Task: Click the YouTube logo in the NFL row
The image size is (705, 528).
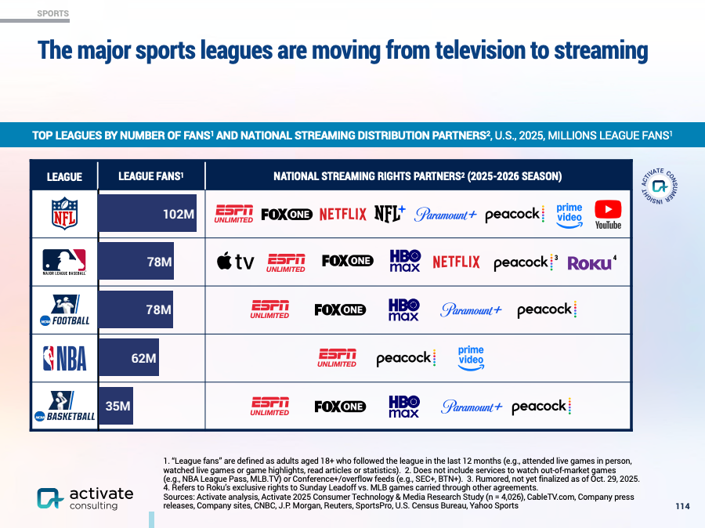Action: pyautogui.click(x=608, y=215)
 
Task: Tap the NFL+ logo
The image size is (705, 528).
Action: pyautogui.click(x=390, y=214)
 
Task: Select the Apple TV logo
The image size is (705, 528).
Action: pyautogui.click(x=235, y=262)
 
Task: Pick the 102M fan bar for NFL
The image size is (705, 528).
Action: pyautogui.click(x=147, y=213)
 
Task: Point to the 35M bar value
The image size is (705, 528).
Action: pyautogui.click(x=117, y=406)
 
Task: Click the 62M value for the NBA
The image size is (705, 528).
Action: pyautogui.click(x=144, y=358)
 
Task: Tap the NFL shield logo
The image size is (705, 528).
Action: pyautogui.click(x=65, y=213)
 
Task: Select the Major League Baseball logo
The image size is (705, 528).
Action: pyautogui.click(x=64, y=262)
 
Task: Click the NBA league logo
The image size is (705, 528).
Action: pyautogui.click(x=65, y=358)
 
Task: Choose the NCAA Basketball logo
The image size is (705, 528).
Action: pyautogui.click(x=65, y=406)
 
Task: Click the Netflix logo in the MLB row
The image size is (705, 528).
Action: pyautogui.click(x=456, y=262)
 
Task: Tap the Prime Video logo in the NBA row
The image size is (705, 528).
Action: pyautogui.click(x=471, y=358)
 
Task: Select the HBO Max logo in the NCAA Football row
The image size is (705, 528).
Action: pyautogui.click(x=403, y=310)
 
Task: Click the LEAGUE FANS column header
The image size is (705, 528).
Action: pyautogui.click(x=150, y=176)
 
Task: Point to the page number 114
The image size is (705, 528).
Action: pyautogui.click(x=682, y=506)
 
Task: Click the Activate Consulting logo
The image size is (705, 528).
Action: pyautogui.click(x=85, y=498)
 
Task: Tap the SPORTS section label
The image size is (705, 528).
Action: pyautogui.click(x=53, y=13)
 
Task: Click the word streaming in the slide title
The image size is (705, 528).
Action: pyautogui.click(x=601, y=50)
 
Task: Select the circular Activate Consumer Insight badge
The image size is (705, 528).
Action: pyautogui.click(x=659, y=186)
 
